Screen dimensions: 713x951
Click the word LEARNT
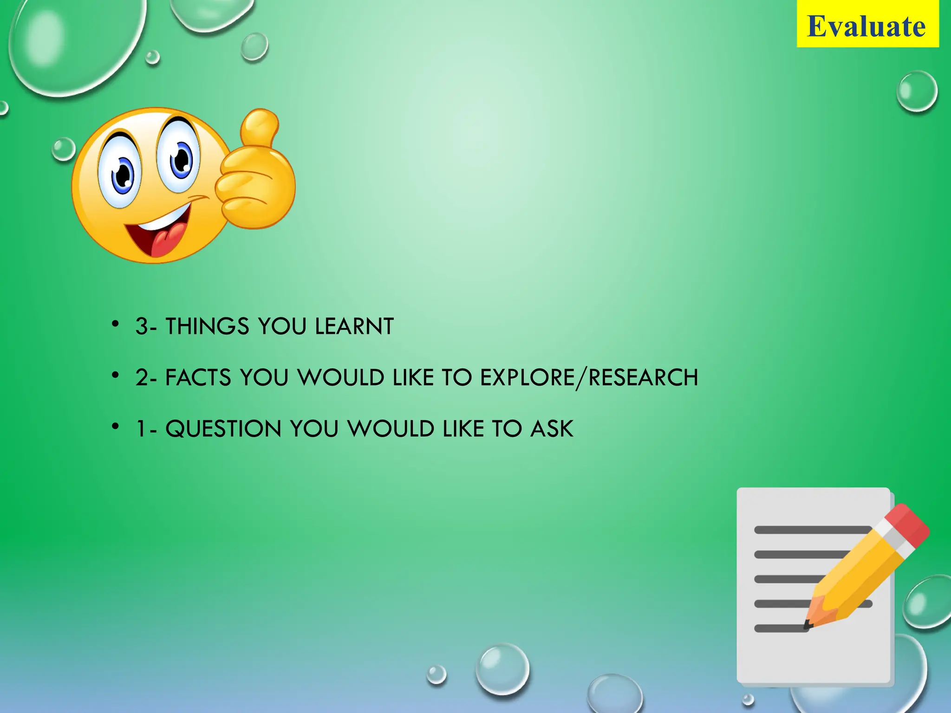(x=354, y=326)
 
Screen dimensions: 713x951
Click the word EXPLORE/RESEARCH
(x=589, y=377)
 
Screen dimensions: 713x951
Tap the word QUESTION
(x=223, y=428)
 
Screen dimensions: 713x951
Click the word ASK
(x=552, y=428)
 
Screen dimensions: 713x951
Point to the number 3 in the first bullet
(x=142, y=327)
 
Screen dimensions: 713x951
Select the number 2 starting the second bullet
(x=142, y=378)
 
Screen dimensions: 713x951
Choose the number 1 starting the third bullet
(x=141, y=429)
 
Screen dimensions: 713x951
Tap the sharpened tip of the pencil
(x=808, y=624)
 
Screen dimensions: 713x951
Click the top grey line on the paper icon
(x=813, y=530)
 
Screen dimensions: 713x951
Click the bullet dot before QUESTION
(x=116, y=425)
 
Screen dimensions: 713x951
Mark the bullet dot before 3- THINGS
(x=116, y=323)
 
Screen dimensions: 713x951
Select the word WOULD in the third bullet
(x=391, y=428)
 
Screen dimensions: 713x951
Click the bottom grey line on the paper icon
(x=780, y=629)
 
